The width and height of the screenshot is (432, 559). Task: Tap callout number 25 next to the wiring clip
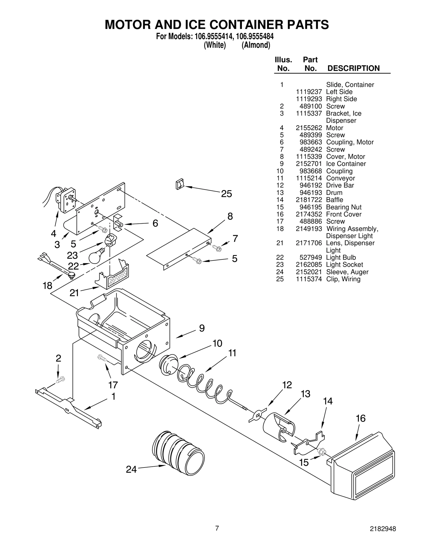coord(226,194)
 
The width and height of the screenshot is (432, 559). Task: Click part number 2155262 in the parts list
coord(309,128)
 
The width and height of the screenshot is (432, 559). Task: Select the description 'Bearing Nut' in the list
coord(343,207)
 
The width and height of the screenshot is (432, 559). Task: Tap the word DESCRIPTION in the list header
coord(353,68)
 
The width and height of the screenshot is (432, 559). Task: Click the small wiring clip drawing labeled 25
coord(180,184)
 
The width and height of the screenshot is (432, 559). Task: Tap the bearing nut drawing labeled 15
coord(321,451)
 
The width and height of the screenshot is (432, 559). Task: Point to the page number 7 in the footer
coord(217,536)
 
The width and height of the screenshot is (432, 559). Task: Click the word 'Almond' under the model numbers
coord(255,45)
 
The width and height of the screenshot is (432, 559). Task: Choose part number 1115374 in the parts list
coord(309,279)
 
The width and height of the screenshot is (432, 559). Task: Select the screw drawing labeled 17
coord(102,358)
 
